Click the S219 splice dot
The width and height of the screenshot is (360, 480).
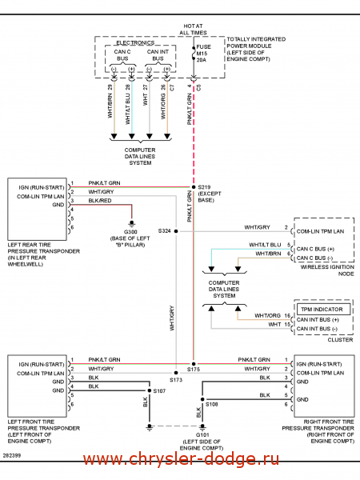point(194,186)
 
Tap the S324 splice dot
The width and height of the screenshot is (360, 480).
point(176,231)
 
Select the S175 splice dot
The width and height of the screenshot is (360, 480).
point(194,364)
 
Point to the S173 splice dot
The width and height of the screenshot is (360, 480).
point(176,373)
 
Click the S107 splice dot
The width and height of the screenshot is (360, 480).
point(150,390)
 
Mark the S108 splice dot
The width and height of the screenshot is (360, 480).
point(202,399)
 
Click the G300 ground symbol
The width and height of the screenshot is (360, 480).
point(132,223)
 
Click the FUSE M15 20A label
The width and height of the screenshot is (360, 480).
point(203,54)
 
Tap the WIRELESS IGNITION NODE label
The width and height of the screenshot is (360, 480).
point(327,270)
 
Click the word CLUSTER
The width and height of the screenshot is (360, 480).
point(340,340)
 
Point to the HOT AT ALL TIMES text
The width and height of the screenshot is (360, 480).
point(193,30)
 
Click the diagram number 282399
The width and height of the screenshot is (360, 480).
point(12,455)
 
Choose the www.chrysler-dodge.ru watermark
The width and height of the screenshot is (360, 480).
point(182,459)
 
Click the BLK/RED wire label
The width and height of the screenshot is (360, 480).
point(100,201)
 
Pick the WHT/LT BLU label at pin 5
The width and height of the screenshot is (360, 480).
point(265,245)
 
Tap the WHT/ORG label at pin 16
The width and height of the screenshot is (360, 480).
point(267,316)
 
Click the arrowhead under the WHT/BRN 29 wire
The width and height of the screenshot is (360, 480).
point(114,136)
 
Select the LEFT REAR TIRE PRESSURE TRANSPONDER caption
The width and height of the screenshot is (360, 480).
point(43,254)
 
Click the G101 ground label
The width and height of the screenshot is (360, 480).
point(202,434)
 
